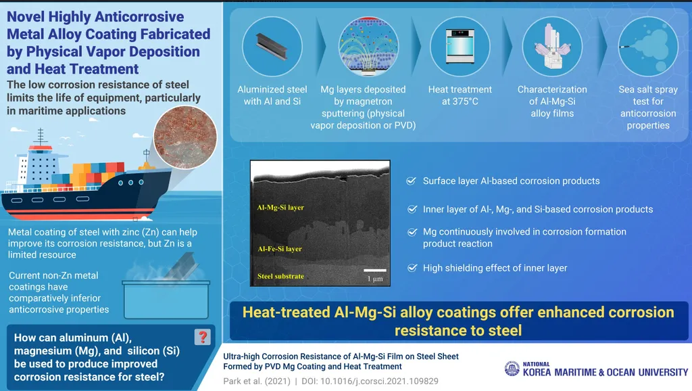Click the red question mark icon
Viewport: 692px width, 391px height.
[203, 337]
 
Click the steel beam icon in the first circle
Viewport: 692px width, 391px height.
[272, 47]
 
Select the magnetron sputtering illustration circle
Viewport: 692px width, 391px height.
[368, 47]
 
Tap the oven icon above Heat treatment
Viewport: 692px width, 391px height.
[460, 46]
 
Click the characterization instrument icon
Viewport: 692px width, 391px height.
[552, 47]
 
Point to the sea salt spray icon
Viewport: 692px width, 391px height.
[648, 47]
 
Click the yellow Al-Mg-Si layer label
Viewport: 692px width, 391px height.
[280, 207]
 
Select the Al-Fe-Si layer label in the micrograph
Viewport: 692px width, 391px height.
[280, 249]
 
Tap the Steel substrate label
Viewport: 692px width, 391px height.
[280, 276]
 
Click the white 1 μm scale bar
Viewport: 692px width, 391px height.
[374, 271]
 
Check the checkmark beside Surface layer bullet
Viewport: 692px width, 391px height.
[411, 181]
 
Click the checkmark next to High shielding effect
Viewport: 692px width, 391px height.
[412, 268]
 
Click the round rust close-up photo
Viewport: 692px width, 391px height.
[185, 137]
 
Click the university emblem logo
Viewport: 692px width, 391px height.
[512, 369]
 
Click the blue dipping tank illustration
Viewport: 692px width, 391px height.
[166, 299]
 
